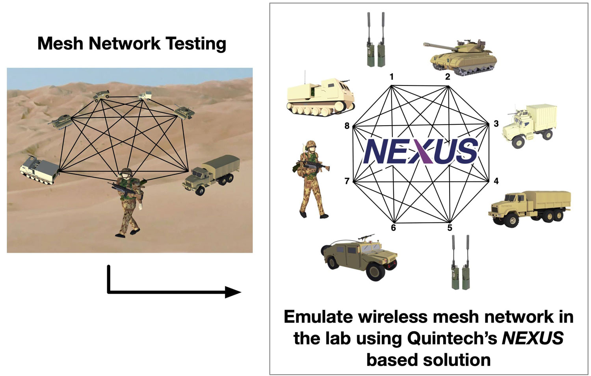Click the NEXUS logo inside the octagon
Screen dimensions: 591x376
coord(421,151)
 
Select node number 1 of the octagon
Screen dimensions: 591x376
coord(392,77)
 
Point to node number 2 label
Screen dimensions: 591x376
coord(448,77)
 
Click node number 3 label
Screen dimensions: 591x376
coord(496,124)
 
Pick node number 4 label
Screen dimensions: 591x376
coord(496,181)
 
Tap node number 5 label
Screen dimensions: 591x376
coord(450,228)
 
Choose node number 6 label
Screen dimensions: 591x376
coord(393,228)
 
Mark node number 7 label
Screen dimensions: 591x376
coord(347,181)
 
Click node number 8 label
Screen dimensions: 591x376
coord(347,126)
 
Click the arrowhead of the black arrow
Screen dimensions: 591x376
coord(233,292)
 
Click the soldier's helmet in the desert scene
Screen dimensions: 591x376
coord(126,172)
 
